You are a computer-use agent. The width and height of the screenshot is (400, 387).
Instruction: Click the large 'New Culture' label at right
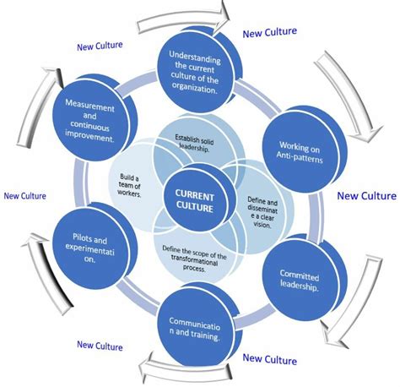click(x=365, y=195)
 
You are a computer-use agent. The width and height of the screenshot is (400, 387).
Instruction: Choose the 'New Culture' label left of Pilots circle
click(x=24, y=195)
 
